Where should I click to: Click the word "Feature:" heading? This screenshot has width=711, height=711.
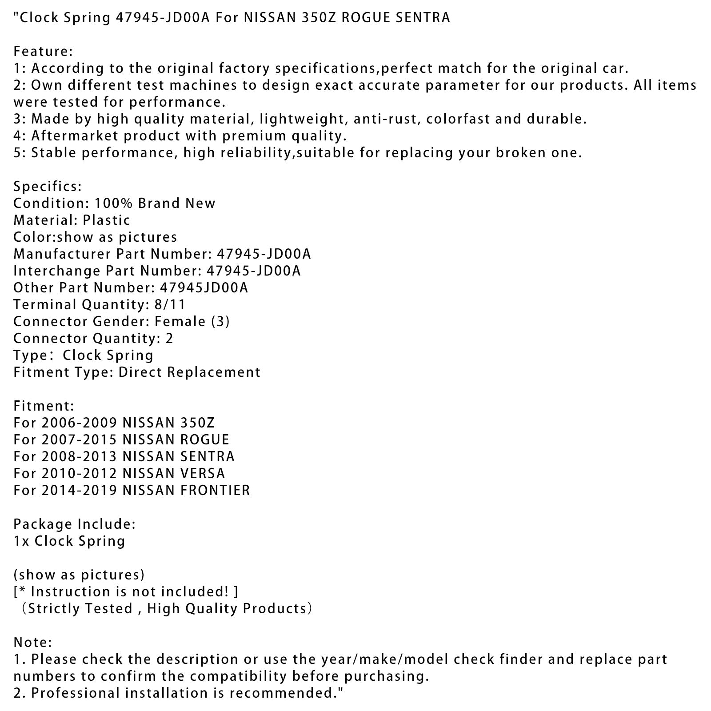pyautogui.click(x=43, y=52)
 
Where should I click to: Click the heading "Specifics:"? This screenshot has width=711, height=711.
pyautogui.click(x=48, y=187)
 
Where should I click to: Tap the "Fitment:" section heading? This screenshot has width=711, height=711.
pyautogui.click(x=44, y=406)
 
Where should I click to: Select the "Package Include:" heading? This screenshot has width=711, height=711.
pyautogui.click(x=74, y=524)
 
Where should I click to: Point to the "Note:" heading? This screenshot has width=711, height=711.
pyautogui.click(x=33, y=643)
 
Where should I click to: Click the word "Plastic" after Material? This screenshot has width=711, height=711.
pyautogui.click(x=107, y=220)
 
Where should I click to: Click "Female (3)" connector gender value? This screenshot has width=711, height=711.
pyautogui.click(x=192, y=322)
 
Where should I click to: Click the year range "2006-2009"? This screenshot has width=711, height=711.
pyautogui.click(x=80, y=423)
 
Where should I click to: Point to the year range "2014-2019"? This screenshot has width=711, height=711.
pyautogui.click(x=80, y=491)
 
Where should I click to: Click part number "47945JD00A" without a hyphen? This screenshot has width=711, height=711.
pyautogui.click(x=204, y=288)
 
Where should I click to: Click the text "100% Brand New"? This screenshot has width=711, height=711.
pyautogui.click(x=155, y=204)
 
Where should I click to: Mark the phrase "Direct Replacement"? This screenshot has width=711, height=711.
pyautogui.click(x=189, y=372)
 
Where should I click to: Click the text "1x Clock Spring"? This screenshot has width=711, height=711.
pyautogui.click(x=69, y=541)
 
